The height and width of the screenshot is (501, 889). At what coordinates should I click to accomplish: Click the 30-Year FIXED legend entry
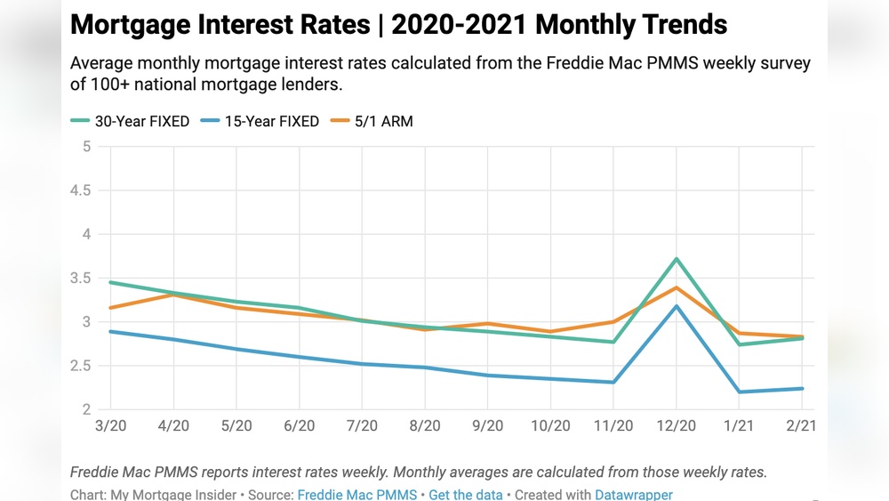tap(130, 121)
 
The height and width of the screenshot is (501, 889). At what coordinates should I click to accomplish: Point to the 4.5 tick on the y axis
tap(81, 190)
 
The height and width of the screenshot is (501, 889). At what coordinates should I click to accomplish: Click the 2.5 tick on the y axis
tap(81, 366)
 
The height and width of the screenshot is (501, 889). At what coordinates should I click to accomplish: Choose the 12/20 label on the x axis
tap(677, 426)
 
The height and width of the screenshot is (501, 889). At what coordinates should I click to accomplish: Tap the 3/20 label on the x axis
tap(110, 426)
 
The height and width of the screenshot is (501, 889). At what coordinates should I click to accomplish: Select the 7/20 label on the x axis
tap(362, 426)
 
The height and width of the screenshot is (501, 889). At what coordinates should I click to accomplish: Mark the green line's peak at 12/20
tap(677, 259)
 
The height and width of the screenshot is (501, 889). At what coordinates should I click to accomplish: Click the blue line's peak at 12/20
tap(677, 306)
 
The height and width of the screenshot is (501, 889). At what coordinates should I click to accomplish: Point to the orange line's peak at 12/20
tap(677, 287)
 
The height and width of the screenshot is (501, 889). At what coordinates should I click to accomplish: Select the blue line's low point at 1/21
tap(741, 392)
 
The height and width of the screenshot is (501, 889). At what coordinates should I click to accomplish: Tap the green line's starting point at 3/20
tap(110, 282)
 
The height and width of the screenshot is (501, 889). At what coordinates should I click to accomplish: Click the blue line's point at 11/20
tap(614, 383)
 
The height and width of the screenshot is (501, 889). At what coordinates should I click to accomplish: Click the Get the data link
tap(465, 494)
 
